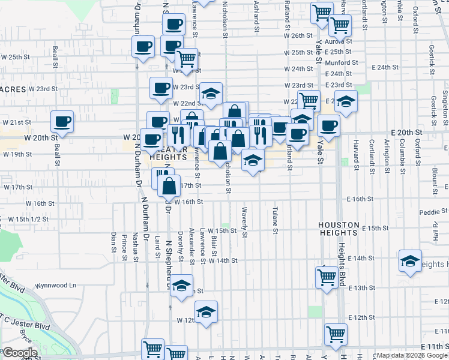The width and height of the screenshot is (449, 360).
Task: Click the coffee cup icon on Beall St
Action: point(62,122)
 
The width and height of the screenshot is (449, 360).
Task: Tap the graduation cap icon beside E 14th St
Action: point(410,260)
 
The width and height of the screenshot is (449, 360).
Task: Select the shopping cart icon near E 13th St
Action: point(327,277)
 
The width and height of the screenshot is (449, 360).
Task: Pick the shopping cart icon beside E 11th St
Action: point(336,334)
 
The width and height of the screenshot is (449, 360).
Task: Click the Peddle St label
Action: point(430,212)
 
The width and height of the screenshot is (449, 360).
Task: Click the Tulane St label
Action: point(276,221)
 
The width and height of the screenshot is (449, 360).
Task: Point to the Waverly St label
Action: point(245,223)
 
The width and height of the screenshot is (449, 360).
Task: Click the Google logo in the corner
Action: point(20,353)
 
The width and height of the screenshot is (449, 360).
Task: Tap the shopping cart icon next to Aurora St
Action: point(340,25)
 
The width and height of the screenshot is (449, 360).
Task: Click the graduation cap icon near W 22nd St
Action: point(211,94)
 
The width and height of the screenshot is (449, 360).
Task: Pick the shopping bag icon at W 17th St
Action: point(170,185)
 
